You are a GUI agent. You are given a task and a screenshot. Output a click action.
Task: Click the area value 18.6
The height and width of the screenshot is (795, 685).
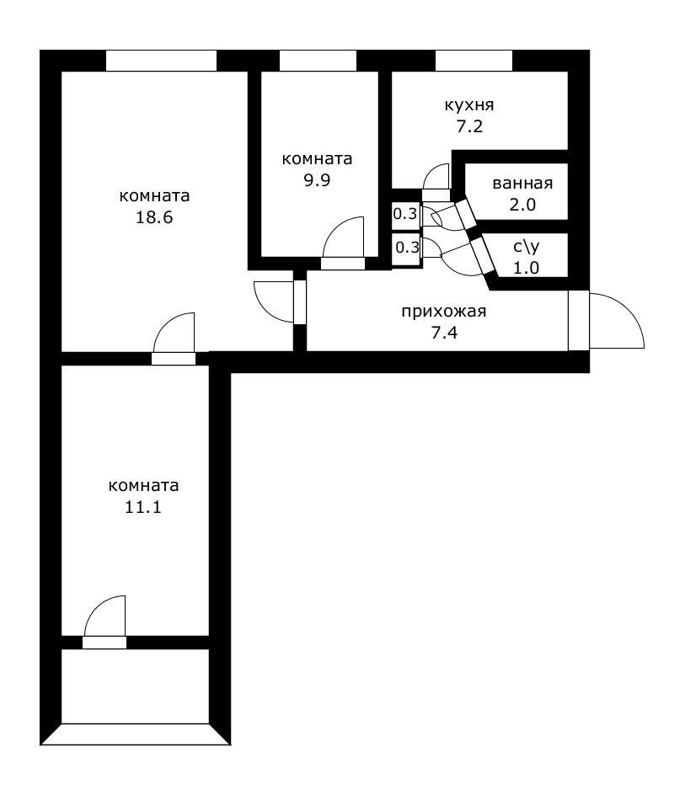(153, 217)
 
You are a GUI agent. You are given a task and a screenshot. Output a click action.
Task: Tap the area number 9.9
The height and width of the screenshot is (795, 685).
(317, 180)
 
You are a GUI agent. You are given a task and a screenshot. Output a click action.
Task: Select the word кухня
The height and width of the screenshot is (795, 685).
(469, 105)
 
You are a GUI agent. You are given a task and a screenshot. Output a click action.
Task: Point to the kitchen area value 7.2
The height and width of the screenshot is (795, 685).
(469, 126)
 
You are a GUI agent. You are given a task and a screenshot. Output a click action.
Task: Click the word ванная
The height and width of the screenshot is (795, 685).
(522, 183)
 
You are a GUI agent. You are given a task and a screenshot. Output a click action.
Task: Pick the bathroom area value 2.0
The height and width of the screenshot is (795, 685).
(522, 205)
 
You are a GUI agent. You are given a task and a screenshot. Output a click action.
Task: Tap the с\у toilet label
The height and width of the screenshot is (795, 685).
(527, 247)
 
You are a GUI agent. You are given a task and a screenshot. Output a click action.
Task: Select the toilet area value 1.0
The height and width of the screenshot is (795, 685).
(527, 268)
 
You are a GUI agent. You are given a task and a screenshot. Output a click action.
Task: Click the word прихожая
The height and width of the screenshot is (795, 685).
(444, 312)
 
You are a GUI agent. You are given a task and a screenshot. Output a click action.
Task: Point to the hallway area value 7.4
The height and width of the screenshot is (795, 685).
(444, 333)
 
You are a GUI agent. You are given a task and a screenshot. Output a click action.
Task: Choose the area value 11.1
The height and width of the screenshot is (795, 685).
(143, 507)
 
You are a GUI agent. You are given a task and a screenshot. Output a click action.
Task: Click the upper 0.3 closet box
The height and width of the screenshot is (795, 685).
(405, 214)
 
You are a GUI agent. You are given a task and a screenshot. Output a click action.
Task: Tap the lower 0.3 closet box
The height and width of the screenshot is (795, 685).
(406, 248)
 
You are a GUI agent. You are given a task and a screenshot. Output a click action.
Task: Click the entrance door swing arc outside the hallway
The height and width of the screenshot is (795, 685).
(629, 309)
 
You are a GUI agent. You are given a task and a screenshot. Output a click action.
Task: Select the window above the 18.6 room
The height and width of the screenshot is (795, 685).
(162, 61)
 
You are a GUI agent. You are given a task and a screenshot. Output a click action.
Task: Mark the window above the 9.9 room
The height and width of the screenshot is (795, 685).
(318, 61)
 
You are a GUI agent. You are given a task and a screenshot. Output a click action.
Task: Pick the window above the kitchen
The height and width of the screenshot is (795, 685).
(474, 61)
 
